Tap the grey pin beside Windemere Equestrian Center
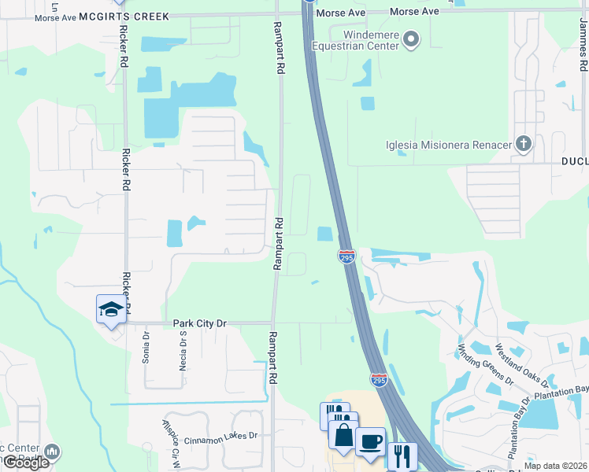tap(410, 39)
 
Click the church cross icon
tap(523, 143)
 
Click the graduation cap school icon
tap(111, 309)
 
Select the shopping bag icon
tap(343, 435)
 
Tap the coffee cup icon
tap(370, 441)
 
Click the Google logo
tap(26, 463)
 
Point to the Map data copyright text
tap(555, 466)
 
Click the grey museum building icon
tap(52, 452)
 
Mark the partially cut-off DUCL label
tap(575, 161)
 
